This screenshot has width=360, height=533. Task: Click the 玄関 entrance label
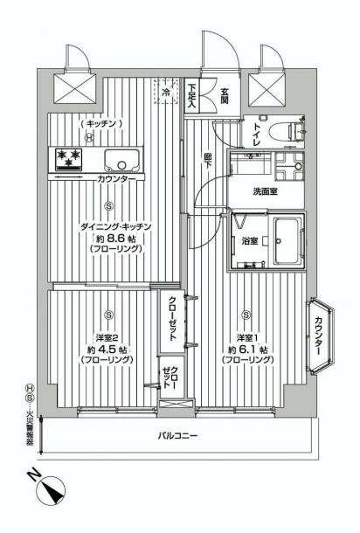point(225,96)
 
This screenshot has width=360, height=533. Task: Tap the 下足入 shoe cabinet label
point(191,95)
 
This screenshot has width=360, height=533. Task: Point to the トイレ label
point(256,135)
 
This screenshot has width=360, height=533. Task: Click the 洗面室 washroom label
point(265,191)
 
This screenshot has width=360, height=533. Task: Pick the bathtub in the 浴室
point(287,241)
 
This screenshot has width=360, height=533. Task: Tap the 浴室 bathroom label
point(249,241)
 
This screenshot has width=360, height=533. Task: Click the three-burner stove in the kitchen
point(69,159)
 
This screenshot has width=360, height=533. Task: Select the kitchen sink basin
point(122,160)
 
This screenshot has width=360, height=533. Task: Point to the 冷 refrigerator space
point(166,91)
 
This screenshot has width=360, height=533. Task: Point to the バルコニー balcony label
point(177,435)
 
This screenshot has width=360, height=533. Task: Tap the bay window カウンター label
point(318,336)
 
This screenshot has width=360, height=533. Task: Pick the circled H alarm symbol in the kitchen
point(89,138)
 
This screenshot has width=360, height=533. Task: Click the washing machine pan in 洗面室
point(289,166)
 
